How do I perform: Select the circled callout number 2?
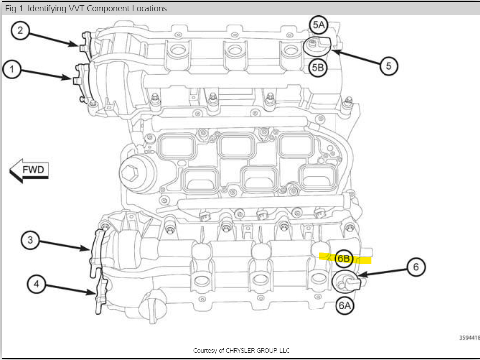point(20,31)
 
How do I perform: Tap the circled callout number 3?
point(30,240)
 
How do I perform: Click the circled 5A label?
point(318,24)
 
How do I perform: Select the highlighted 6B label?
point(344,258)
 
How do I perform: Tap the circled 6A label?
point(345,305)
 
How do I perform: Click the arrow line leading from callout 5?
point(356,57)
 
